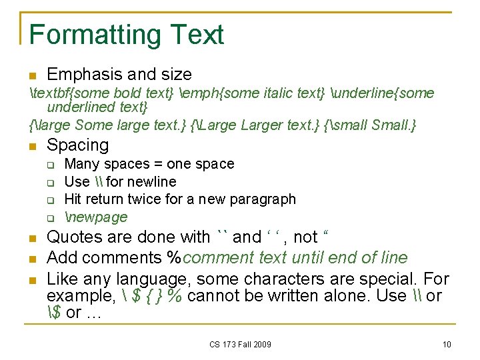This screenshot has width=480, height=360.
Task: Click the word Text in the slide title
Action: (197, 35)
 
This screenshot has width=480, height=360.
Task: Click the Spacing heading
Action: (77, 145)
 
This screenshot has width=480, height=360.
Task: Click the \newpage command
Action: (95, 217)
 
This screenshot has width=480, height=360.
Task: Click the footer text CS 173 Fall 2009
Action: (240, 344)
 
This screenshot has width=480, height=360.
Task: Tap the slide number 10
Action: (446, 344)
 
